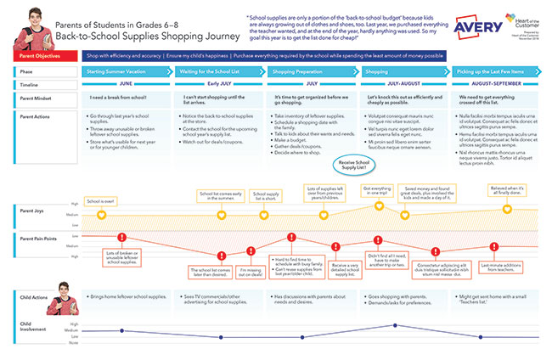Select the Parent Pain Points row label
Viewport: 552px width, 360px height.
[40, 239]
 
